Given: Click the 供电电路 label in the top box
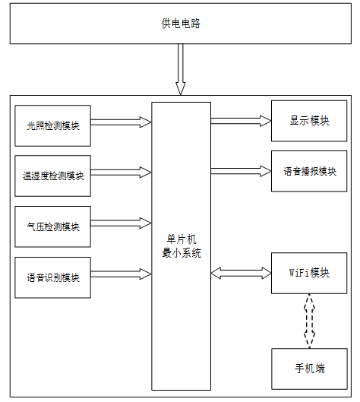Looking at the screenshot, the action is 181,24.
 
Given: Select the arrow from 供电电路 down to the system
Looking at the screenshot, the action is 181,69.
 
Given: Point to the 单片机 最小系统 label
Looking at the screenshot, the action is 182,246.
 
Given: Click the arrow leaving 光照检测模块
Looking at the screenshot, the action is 121,122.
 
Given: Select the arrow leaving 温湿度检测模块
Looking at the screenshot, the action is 121,173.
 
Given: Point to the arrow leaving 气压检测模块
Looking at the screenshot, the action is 121,223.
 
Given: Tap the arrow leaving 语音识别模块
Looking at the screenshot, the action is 121,274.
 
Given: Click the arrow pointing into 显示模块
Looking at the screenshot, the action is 241,121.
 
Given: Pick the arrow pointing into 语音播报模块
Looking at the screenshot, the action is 241,171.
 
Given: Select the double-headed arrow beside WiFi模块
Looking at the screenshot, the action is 241,273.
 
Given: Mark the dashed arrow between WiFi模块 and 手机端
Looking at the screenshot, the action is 309,321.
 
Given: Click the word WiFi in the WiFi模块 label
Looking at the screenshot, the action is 298,273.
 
